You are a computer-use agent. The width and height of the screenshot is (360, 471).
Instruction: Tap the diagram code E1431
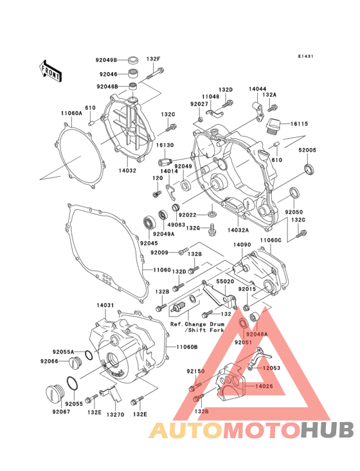point(305,57)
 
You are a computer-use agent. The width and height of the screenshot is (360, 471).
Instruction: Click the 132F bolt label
point(153,60)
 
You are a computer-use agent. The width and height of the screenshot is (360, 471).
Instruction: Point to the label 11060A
point(72,113)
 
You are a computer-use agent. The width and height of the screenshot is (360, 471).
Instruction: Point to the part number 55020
point(224,282)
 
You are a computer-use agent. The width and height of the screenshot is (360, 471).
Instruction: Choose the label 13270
point(114,415)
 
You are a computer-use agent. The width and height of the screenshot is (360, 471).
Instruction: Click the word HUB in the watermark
point(326,429)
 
